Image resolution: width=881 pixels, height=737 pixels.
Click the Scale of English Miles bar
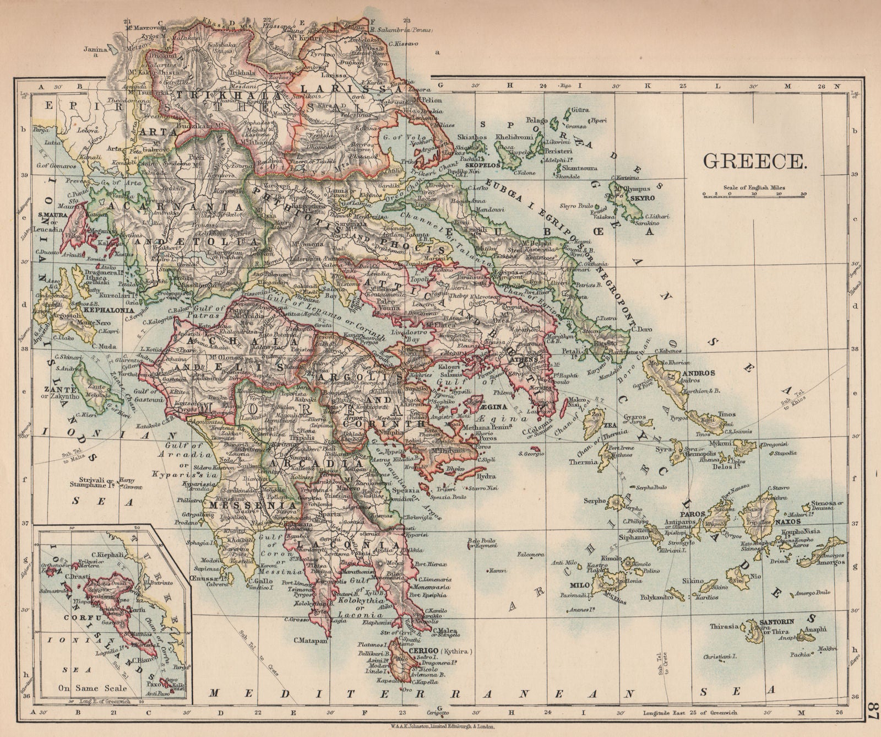[754, 194]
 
